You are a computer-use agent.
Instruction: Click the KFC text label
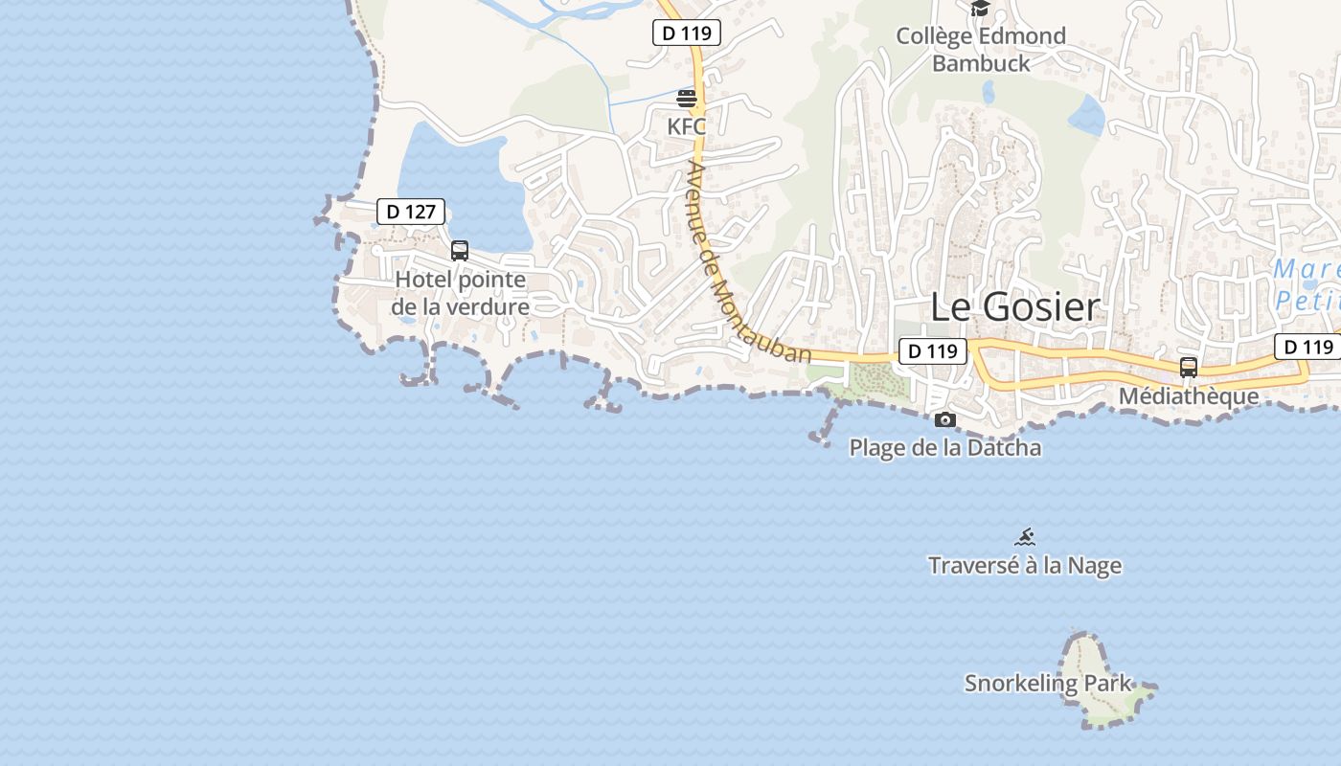point(686,125)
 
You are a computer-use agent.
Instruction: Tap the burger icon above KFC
point(687,98)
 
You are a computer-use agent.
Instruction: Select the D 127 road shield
point(411,212)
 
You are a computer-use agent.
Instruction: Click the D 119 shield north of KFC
point(687,33)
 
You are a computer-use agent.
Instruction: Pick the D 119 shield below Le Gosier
point(932,351)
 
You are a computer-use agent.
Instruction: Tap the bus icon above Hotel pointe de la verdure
point(460,251)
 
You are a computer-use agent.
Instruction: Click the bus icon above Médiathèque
point(1189,367)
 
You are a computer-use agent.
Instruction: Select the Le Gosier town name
point(1015,307)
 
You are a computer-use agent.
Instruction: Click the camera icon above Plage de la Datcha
point(945,419)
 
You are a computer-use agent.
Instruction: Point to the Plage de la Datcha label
point(945,447)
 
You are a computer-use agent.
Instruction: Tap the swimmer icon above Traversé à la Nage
point(1025,537)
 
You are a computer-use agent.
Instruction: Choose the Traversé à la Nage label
point(1025,565)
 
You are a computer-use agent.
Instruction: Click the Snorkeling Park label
point(1048,684)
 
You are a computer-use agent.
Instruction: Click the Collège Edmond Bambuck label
point(981,50)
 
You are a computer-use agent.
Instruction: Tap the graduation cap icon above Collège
point(980,9)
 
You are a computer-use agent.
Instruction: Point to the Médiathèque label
point(1189,395)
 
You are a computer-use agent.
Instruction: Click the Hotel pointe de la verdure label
point(461,293)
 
